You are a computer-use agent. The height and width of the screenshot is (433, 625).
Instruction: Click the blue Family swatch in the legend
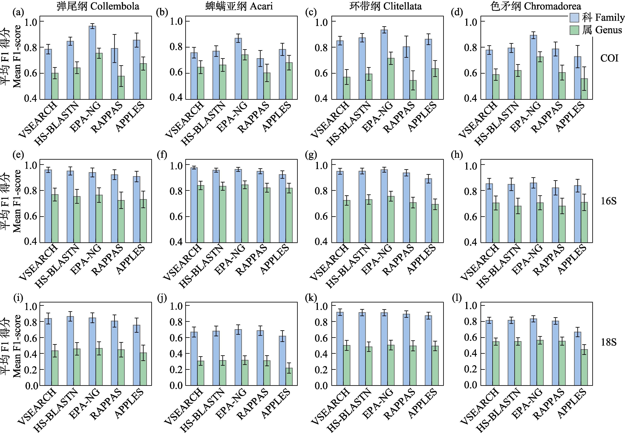574,17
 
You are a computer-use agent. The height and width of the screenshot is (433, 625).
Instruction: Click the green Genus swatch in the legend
574,30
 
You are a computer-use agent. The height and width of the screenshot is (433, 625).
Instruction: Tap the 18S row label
608,342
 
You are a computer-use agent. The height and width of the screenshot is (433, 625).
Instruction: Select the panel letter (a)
18,12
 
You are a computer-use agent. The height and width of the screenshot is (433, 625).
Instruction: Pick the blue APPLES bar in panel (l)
578,358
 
